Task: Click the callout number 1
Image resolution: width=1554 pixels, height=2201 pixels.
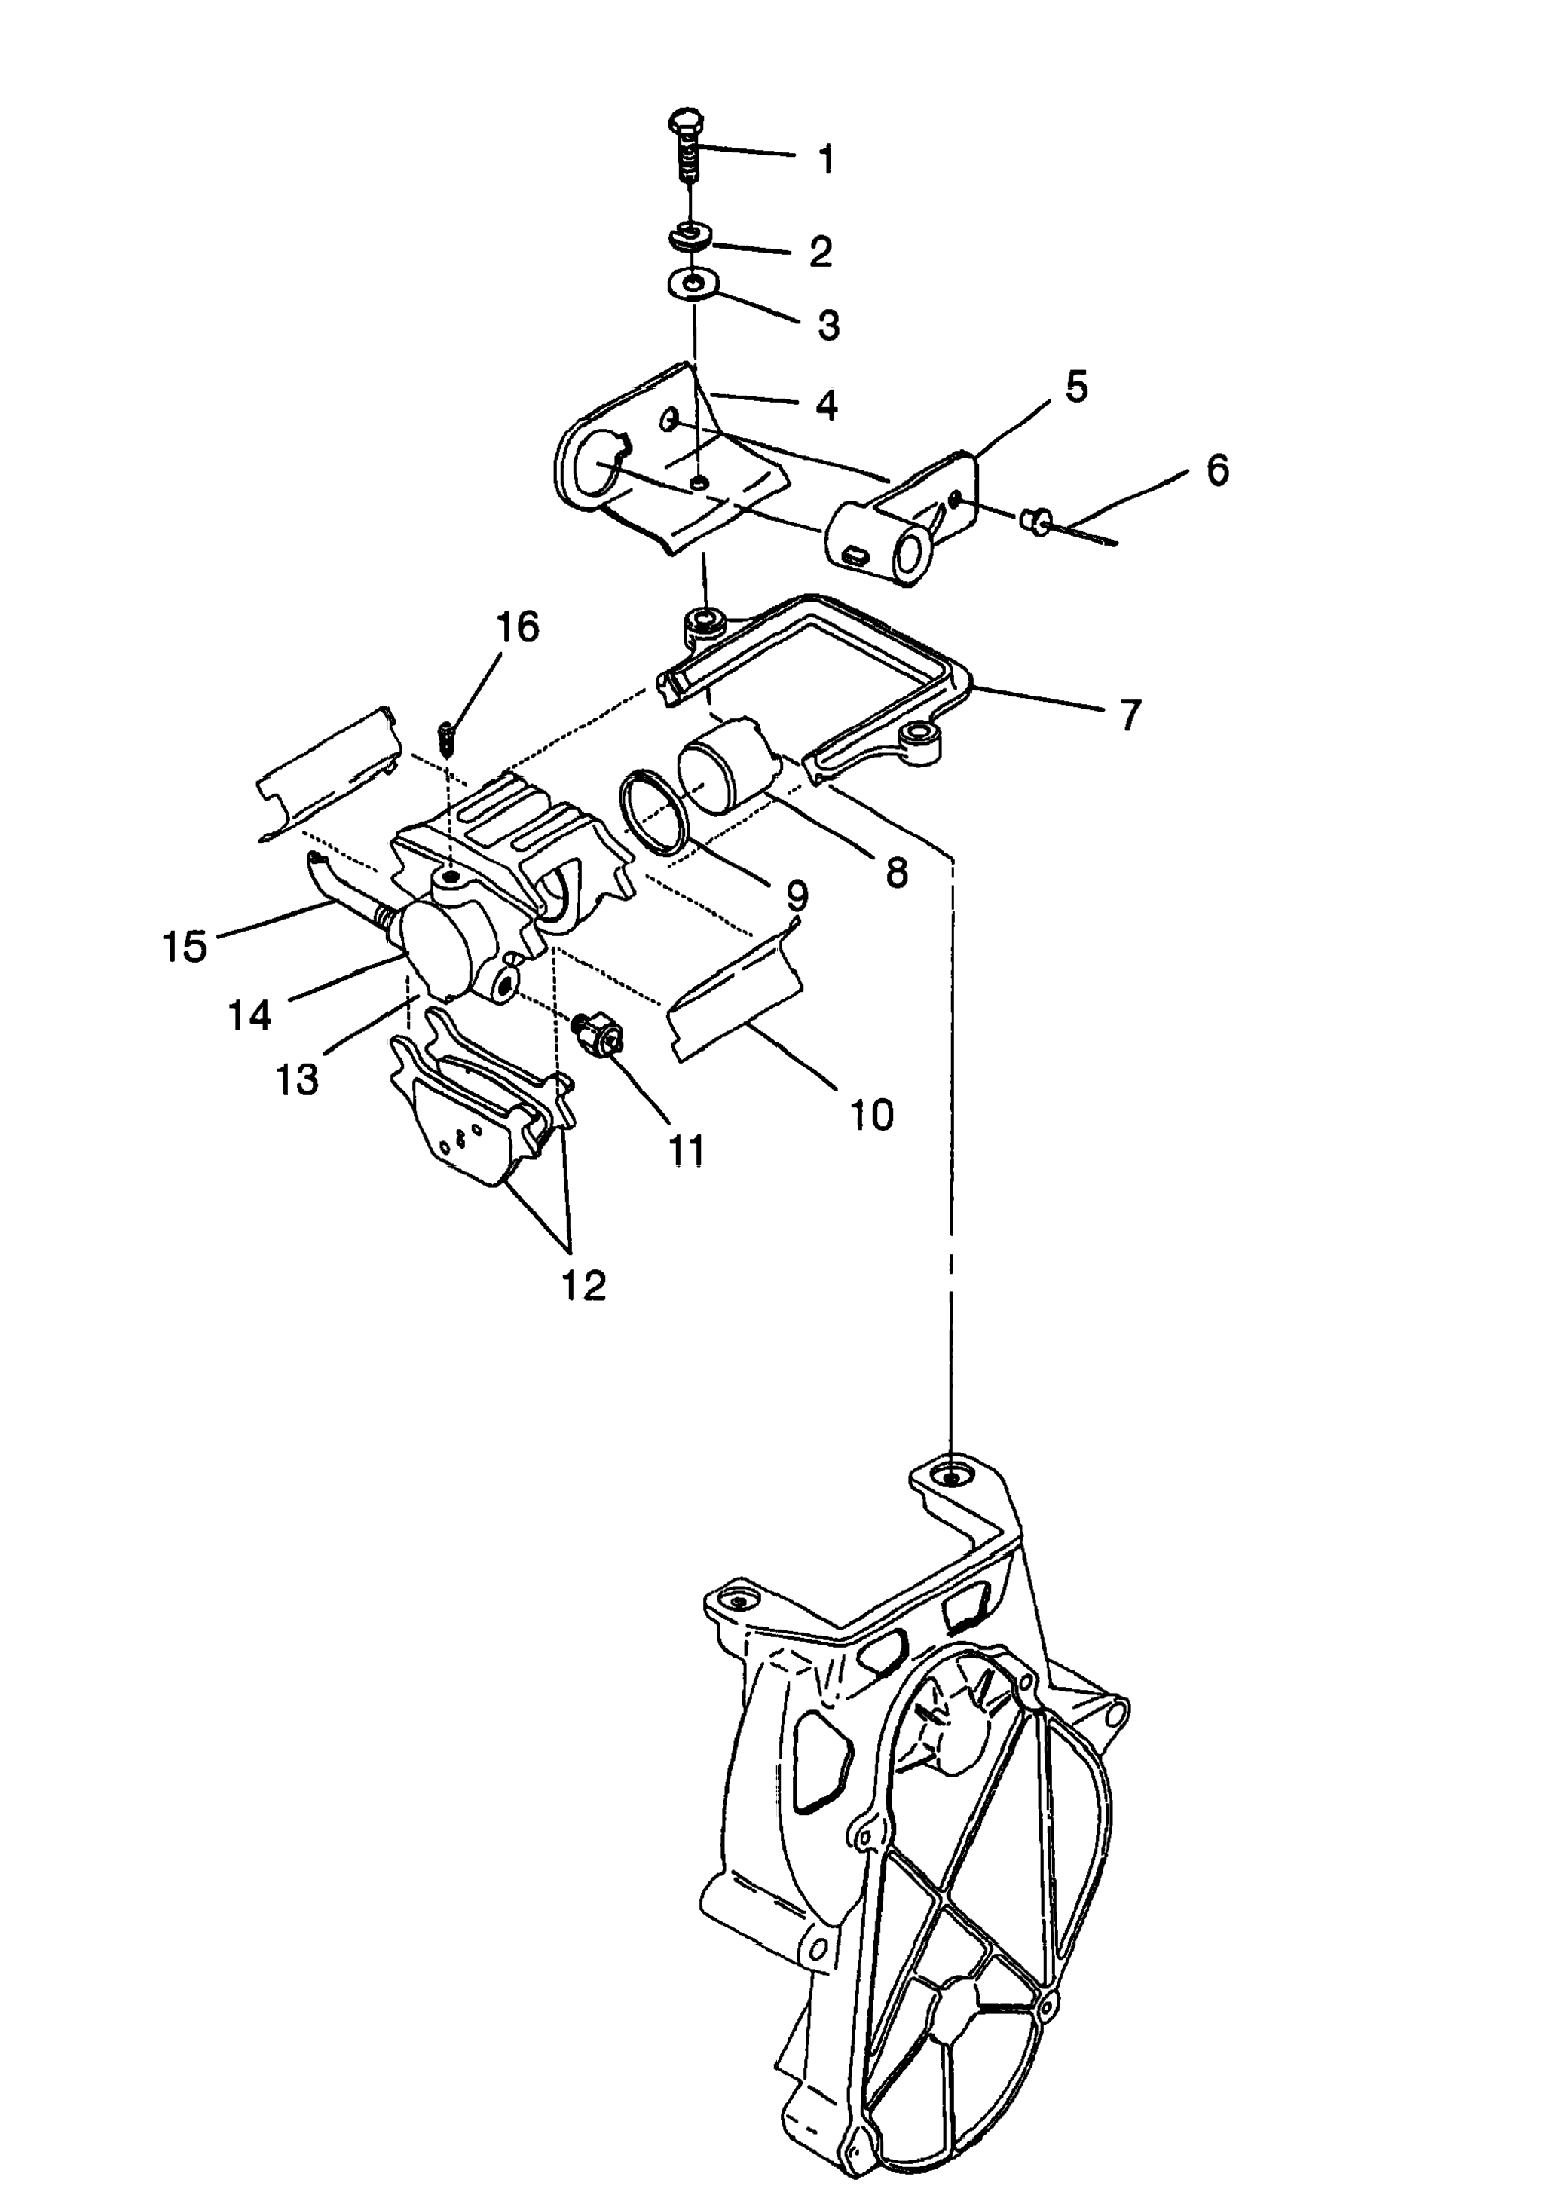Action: click(825, 159)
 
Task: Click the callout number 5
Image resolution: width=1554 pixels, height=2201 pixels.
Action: click(1077, 387)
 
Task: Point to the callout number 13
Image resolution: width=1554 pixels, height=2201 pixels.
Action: click(297, 1080)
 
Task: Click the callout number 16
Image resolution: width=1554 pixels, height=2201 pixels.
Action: click(518, 627)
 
